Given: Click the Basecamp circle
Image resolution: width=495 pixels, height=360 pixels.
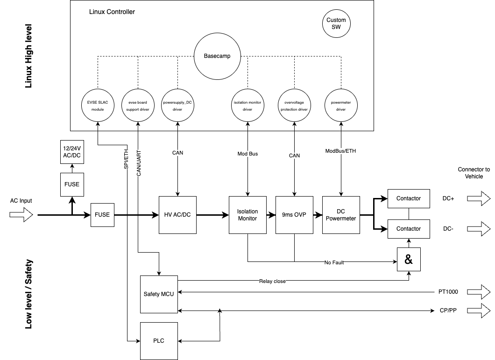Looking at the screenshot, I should point(216,56).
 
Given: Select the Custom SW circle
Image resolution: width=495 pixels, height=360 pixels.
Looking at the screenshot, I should point(336,23).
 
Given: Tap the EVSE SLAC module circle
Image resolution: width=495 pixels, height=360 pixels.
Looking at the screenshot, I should point(97,106).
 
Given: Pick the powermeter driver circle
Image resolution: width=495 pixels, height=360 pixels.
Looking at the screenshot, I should point(341,106).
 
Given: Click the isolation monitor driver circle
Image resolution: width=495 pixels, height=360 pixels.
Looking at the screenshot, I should point(247,106).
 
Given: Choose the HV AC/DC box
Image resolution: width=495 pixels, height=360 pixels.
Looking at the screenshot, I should point(177,215).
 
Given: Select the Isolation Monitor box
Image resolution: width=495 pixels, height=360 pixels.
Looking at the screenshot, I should point(247,215).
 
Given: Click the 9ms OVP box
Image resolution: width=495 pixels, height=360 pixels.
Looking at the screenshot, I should point(294,215).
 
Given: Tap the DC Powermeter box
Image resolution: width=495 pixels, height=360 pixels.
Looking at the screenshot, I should point(341,215).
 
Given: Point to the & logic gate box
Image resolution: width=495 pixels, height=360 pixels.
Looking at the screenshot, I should point(409,260).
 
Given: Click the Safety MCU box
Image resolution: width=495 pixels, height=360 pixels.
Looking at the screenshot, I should point(159,294).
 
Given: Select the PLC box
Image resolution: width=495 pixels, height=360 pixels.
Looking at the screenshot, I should point(159,341).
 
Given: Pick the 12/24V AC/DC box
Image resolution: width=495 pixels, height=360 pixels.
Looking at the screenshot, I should point(72,152).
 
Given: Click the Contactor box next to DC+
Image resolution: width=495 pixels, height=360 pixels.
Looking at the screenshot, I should point(408,198).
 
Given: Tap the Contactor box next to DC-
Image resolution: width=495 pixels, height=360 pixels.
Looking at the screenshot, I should point(408,229).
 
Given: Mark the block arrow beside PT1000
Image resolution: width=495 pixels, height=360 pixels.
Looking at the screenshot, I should point(479,292).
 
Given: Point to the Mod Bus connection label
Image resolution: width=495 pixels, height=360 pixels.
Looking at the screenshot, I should point(247,154).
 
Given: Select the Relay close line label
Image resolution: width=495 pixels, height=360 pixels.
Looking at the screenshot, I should point(272,281).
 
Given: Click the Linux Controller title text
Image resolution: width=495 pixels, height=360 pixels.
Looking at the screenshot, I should point(112,12).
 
